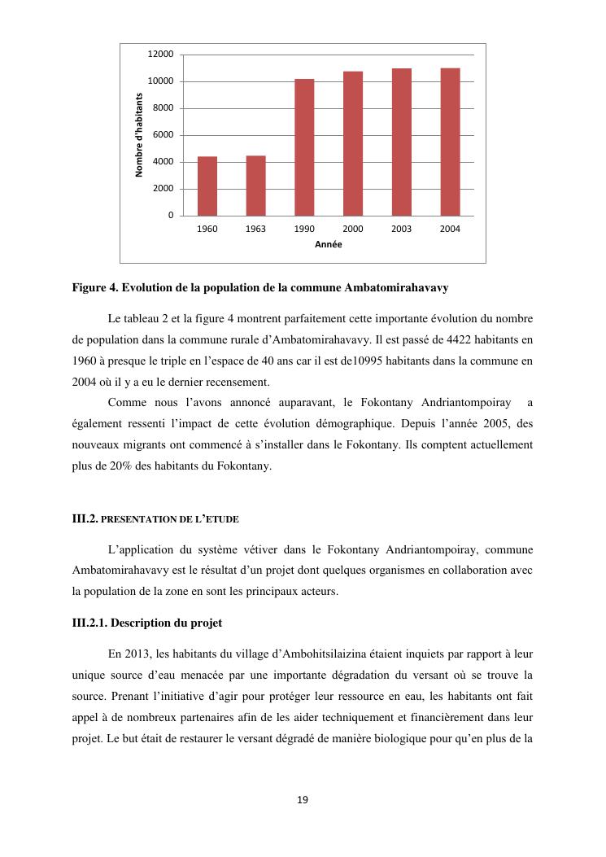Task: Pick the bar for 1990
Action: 304,147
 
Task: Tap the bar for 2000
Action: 353,143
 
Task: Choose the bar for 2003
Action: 401,142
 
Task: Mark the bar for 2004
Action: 450,142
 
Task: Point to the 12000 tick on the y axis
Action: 160,55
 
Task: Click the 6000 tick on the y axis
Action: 163,135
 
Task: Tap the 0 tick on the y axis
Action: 170,216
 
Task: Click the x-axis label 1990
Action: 304,230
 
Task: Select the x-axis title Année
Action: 329,245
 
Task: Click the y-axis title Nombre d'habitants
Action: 139,135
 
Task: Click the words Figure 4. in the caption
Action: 96,288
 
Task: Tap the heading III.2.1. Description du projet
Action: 146,623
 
